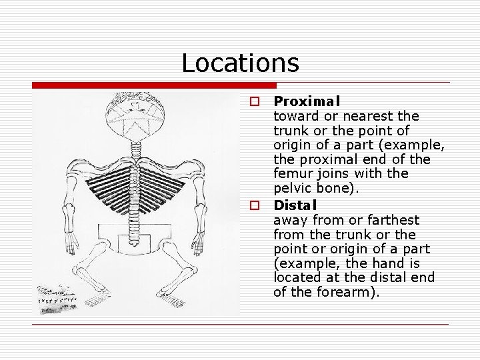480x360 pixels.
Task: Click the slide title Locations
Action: pos(240,63)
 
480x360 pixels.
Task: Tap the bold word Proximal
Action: pos(307,101)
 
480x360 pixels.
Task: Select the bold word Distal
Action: pos(295,205)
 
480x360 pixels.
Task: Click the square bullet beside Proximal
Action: pos(254,101)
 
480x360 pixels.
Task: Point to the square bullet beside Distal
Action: pos(254,205)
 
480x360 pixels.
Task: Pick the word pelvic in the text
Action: pos(291,189)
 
